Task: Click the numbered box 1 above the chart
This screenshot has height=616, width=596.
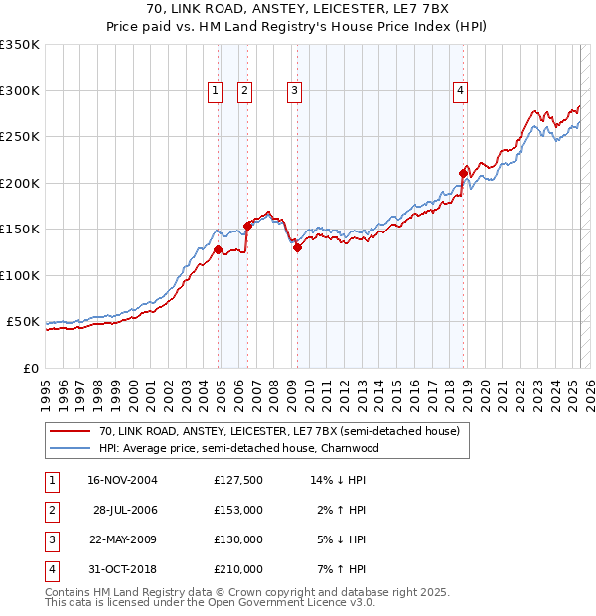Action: point(215,91)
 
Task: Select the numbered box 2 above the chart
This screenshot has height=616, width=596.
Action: point(244,91)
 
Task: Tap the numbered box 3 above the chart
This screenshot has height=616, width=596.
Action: point(295,91)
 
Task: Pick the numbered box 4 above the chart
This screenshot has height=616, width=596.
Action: point(461,91)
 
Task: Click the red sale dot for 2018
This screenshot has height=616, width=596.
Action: point(463,173)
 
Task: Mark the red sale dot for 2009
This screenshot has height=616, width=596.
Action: point(297,247)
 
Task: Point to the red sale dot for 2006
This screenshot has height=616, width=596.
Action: point(247,226)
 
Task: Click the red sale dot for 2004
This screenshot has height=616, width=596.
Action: point(219,249)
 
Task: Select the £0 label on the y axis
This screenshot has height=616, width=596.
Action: point(30,368)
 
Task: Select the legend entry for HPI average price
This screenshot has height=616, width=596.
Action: point(239,448)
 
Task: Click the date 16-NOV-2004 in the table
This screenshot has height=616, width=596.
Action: point(122,480)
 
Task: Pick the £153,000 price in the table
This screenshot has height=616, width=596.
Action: point(238,510)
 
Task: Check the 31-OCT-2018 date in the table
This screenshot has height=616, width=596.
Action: point(122,569)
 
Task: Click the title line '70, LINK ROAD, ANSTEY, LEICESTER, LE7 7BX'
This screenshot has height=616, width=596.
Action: point(298,8)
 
